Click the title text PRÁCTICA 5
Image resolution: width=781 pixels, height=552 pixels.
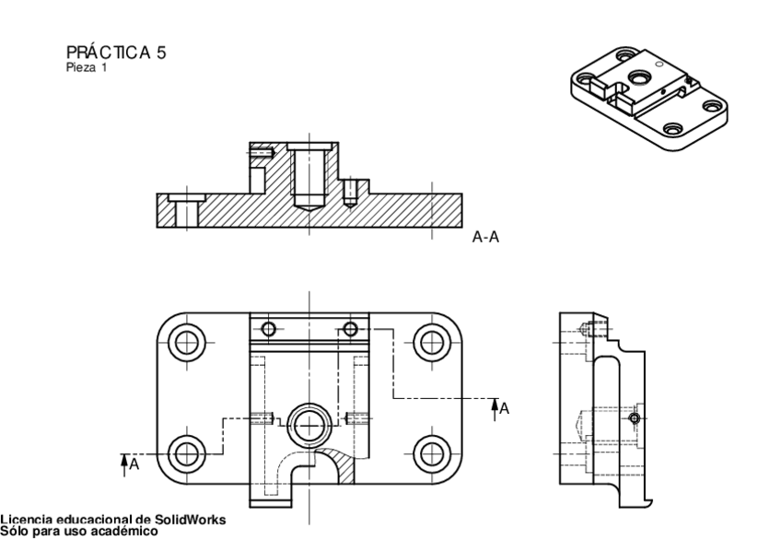[116, 53]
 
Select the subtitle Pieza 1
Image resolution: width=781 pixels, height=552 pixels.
[87, 66]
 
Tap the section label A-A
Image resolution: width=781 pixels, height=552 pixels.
[485, 237]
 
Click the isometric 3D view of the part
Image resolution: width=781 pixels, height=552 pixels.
[645, 96]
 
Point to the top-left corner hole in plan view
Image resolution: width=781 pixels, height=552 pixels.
[188, 341]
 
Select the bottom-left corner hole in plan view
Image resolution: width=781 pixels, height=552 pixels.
[188, 452]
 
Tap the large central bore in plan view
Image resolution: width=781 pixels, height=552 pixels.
[308, 424]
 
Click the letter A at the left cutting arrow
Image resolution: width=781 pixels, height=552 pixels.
[134, 464]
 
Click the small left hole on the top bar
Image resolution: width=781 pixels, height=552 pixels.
[268, 330]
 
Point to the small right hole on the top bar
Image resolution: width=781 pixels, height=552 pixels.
[350, 330]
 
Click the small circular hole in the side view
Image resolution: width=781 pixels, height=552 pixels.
[633, 419]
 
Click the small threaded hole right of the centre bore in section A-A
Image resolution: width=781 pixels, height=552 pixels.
[350, 192]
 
